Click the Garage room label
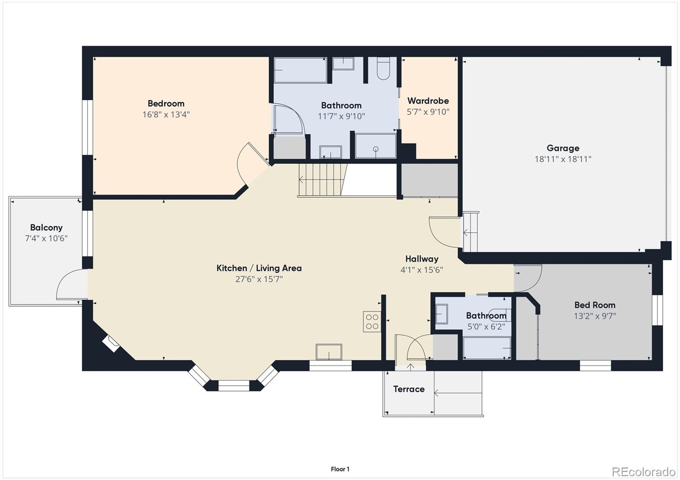point(563,148)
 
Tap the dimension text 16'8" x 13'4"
point(166,115)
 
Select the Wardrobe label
point(428,101)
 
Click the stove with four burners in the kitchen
point(372,322)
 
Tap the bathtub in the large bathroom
point(300,70)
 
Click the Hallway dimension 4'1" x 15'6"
point(422,270)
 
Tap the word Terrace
point(408,389)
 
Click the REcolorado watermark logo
point(643,472)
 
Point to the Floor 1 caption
point(340,469)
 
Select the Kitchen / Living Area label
point(259,268)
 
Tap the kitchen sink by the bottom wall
point(329,352)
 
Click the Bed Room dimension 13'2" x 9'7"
point(595,316)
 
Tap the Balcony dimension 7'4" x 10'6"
point(46,239)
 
